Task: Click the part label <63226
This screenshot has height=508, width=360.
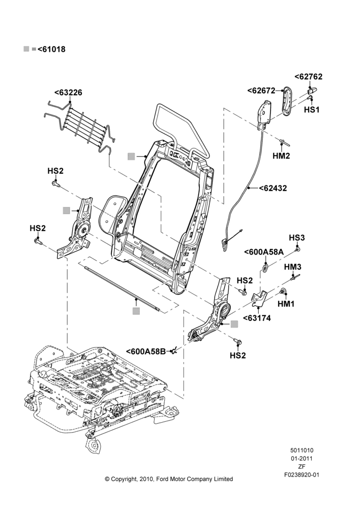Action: [x=68, y=92]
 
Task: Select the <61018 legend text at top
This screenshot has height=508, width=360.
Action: [x=51, y=49]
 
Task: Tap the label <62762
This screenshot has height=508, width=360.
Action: [x=309, y=77]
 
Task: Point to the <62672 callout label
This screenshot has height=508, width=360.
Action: [x=261, y=91]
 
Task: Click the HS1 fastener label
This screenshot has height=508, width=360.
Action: [x=312, y=110]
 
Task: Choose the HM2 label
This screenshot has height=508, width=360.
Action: [x=281, y=156]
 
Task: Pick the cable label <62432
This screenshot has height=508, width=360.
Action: [x=273, y=188]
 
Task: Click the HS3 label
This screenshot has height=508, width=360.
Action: [x=297, y=238]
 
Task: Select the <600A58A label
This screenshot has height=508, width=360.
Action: [x=264, y=252]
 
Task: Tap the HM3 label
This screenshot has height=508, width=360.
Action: [x=292, y=267]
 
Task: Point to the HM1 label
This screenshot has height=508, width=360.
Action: [x=286, y=304]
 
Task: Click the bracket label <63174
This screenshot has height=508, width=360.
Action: [x=257, y=318]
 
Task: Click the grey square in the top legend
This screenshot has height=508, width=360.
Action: [x=26, y=49]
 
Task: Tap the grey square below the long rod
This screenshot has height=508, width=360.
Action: [x=136, y=311]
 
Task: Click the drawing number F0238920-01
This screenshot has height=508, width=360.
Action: [x=302, y=475]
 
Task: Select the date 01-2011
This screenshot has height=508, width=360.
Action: [x=302, y=458]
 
